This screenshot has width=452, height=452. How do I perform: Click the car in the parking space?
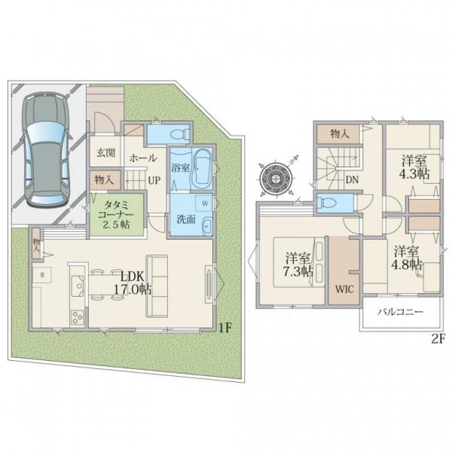46,149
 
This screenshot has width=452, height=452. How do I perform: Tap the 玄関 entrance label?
105,153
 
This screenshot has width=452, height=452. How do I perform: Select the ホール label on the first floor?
142,158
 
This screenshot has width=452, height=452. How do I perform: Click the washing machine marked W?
205,203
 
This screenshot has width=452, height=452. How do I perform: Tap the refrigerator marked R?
42,275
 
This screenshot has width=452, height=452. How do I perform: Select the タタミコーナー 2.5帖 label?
116,215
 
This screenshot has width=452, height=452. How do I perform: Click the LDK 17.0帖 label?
132,283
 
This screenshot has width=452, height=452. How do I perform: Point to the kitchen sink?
78,286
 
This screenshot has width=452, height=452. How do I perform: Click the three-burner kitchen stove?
78,317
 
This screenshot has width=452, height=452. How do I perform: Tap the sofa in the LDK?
157,286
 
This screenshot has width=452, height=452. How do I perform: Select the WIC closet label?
344,289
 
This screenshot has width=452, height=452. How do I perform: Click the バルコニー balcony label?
401,312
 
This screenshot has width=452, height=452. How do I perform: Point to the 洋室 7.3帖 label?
298,264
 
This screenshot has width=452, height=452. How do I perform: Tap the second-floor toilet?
328,203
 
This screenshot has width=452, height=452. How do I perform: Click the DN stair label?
352,180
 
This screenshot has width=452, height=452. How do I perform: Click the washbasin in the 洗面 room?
206,226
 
